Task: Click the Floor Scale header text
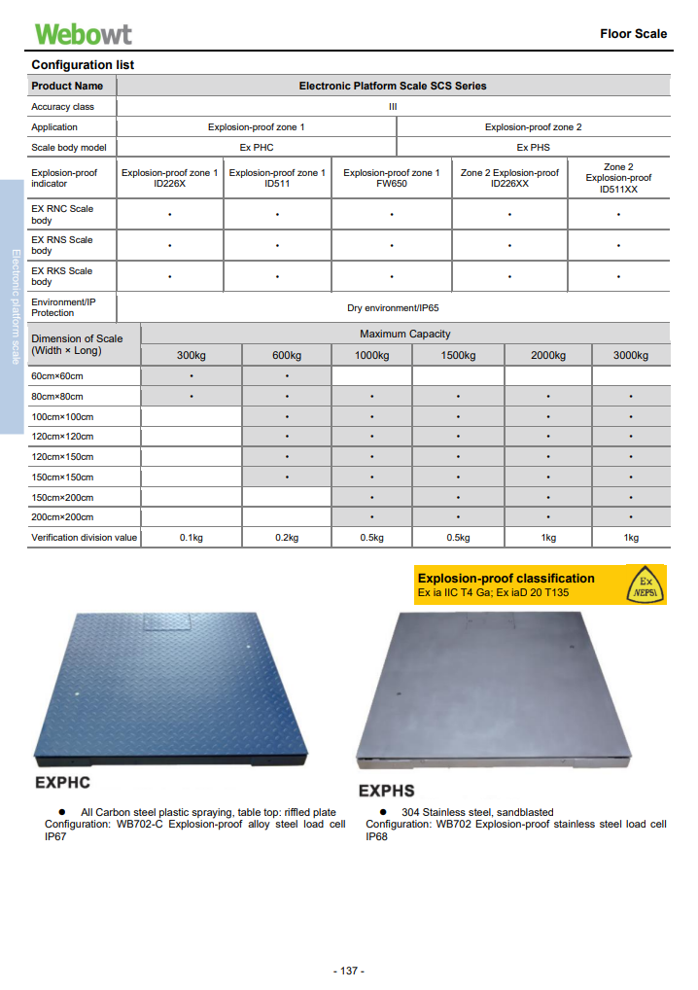(x=633, y=33)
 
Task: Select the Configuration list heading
(x=83, y=65)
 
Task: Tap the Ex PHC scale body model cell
(x=257, y=148)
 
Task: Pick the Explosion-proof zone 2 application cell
(x=533, y=127)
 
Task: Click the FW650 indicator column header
(x=392, y=178)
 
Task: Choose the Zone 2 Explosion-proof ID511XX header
(x=618, y=178)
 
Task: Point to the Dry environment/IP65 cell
(x=393, y=307)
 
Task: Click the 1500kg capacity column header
(x=458, y=355)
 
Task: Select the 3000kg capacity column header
(x=631, y=355)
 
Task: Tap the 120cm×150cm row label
(x=63, y=456)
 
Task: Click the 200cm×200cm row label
(x=63, y=517)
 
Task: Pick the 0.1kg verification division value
(x=191, y=538)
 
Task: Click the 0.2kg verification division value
(x=287, y=538)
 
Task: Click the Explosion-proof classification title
(x=506, y=578)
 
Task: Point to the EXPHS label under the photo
(x=387, y=791)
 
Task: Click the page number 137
(x=348, y=972)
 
